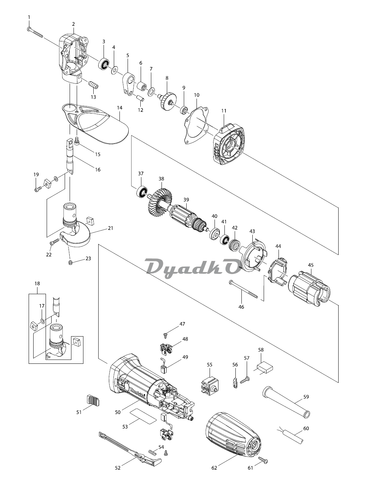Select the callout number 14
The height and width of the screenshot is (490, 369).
click(119, 106)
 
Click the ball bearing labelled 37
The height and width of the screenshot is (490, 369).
click(142, 192)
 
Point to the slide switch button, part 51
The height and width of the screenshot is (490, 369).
click(93, 401)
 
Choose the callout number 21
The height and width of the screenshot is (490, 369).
click(111, 228)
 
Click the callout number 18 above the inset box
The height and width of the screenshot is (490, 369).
click(37, 284)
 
